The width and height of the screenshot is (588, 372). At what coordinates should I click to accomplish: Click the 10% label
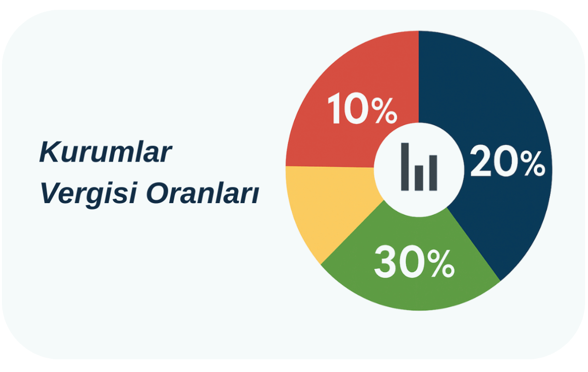click(362, 111)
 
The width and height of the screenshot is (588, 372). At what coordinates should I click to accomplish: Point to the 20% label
click(507, 163)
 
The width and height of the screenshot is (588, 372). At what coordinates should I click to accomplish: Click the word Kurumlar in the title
click(105, 153)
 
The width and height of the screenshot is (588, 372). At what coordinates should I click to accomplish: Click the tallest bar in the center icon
click(405, 166)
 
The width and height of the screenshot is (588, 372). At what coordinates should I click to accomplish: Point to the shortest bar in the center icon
click(419, 178)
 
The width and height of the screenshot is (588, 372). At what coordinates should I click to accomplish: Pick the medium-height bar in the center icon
click(433, 172)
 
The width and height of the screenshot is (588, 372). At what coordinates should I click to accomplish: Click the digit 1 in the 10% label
click(335, 111)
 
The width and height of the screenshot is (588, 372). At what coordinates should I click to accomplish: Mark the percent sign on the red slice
click(383, 111)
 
